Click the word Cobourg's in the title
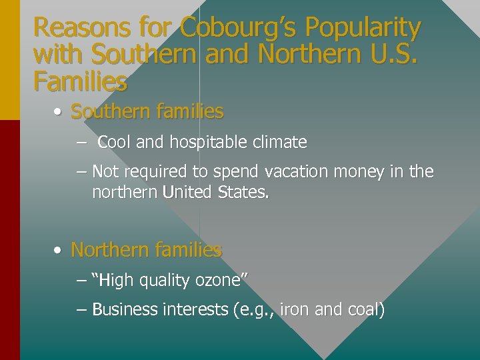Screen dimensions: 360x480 coord(224,28)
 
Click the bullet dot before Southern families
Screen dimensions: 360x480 coord(59,112)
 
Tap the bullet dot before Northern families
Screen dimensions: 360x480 coord(59,251)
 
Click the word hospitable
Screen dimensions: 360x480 coord(209,143)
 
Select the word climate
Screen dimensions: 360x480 coord(281,142)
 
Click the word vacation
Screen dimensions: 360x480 coord(297,172)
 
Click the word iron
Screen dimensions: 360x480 coord(293,310)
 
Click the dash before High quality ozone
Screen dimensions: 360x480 coord(82,281)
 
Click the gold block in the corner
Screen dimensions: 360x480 coord(9,60)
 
